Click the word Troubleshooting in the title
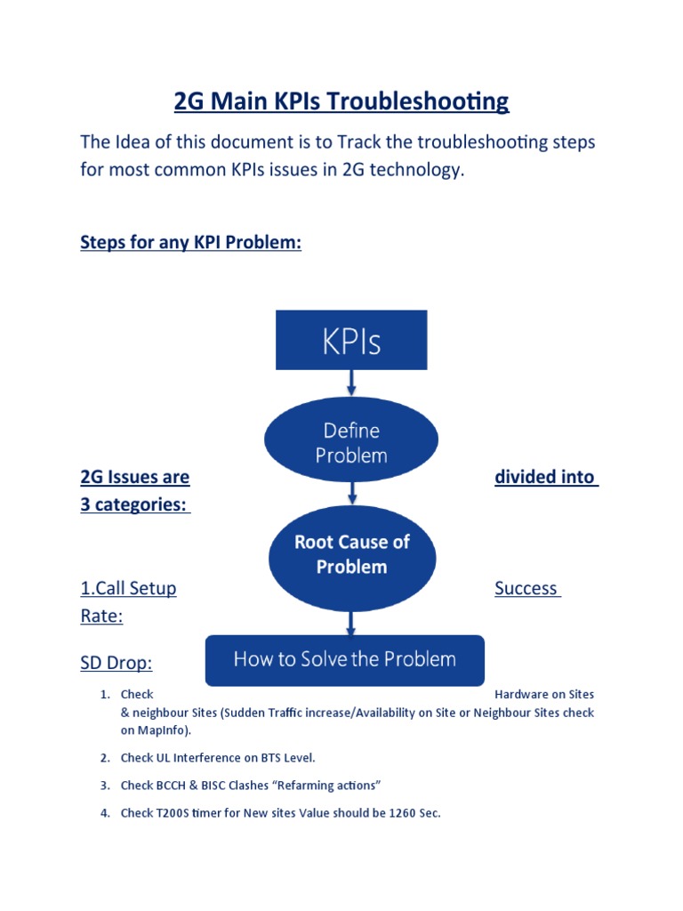(x=417, y=101)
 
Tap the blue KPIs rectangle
(x=351, y=340)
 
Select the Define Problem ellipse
(x=351, y=442)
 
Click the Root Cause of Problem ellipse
(x=352, y=554)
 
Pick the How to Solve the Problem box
(x=345, y=660)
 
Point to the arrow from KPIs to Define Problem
(x=352, y=383)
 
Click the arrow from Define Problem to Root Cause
(x=353, y=492)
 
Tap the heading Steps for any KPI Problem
(x=190, y=243)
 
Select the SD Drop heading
(x=116, y=663)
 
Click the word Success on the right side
(x=526, y=588)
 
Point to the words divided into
(x=544, y=477)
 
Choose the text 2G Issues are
(x=134, y=477)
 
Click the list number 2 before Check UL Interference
(x=104, y=758)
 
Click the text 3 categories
(x=134, y=504)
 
